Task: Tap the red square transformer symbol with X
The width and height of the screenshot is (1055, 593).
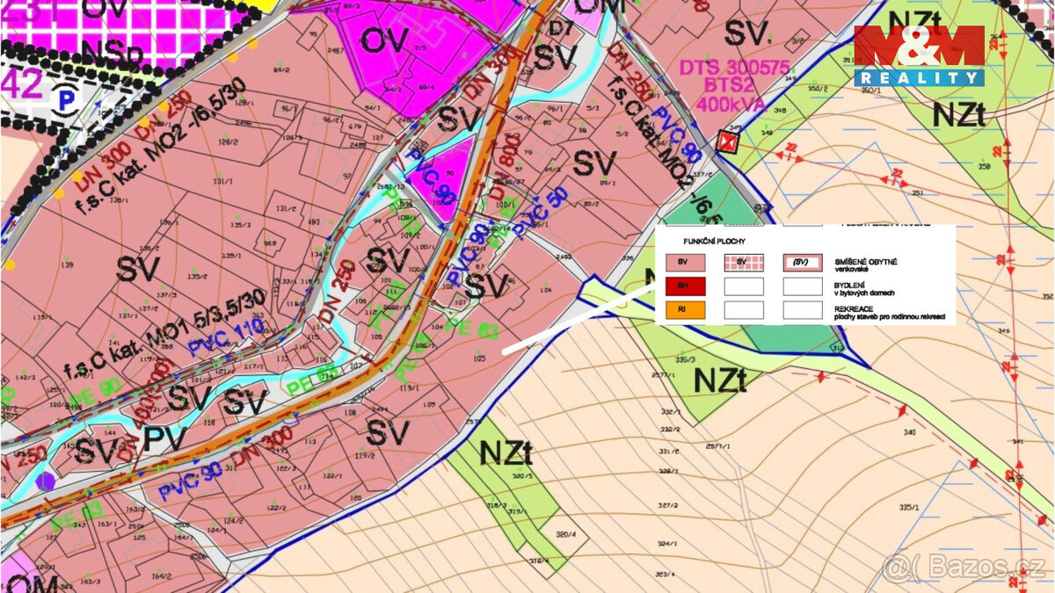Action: click(727, 141)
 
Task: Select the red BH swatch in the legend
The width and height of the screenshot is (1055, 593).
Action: click(688, 286)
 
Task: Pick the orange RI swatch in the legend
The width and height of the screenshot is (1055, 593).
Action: click(688, 309)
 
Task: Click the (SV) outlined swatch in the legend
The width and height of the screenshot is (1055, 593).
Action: click(802, 263)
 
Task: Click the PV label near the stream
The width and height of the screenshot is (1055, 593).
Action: click(164, 439)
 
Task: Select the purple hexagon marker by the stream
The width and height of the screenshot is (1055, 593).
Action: click(46, 481)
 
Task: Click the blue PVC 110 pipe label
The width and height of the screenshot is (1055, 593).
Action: click(225, 336)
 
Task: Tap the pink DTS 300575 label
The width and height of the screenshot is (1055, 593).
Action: click(733, 69)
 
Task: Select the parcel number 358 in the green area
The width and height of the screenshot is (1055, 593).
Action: click(984, 166)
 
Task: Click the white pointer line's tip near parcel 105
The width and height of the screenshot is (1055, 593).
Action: click(505, 352)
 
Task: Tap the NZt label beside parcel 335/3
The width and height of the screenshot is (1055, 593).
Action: click(720, 380)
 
